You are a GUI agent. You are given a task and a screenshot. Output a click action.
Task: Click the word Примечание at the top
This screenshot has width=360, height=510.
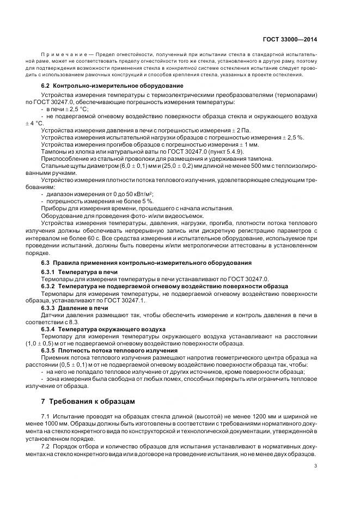tap(59, 56)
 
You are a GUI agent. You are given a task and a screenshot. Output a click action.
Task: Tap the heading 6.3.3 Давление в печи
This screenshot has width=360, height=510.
tap(75, 307)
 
